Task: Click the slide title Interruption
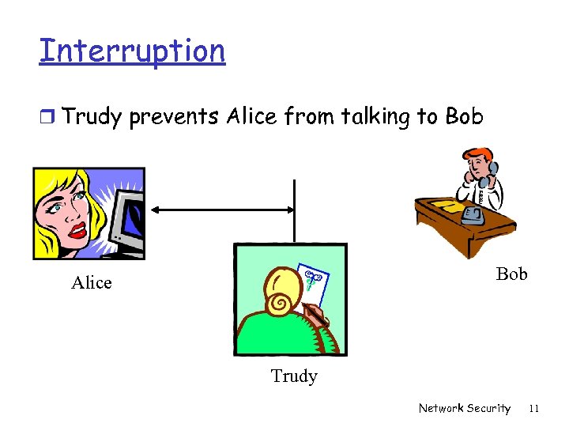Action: pyautogui.click(x=132, y=51)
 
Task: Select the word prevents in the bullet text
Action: pyautogui.click(x=174, y=117)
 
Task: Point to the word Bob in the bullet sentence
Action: pyautogui.click(x=464, y=117)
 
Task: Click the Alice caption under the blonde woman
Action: pyautogui.click(x=92, y=283)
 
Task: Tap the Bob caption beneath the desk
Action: pyautogui.click(x=511, y=274)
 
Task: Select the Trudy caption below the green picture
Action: pyautogui.click(x=294, y=376)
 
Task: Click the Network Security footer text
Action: pyautogui.click(x=464, y=408)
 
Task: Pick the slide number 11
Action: pyautogui.click(x=533, y=408)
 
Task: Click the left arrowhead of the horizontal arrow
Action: pyautogui.click(x=156, y=210)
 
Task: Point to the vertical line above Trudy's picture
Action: pyautogui.click(x=294, y=210)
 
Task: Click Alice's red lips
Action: pyautogui.click(x=77, y=230)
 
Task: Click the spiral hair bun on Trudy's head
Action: pyautogui.click(x=281, y=303)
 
